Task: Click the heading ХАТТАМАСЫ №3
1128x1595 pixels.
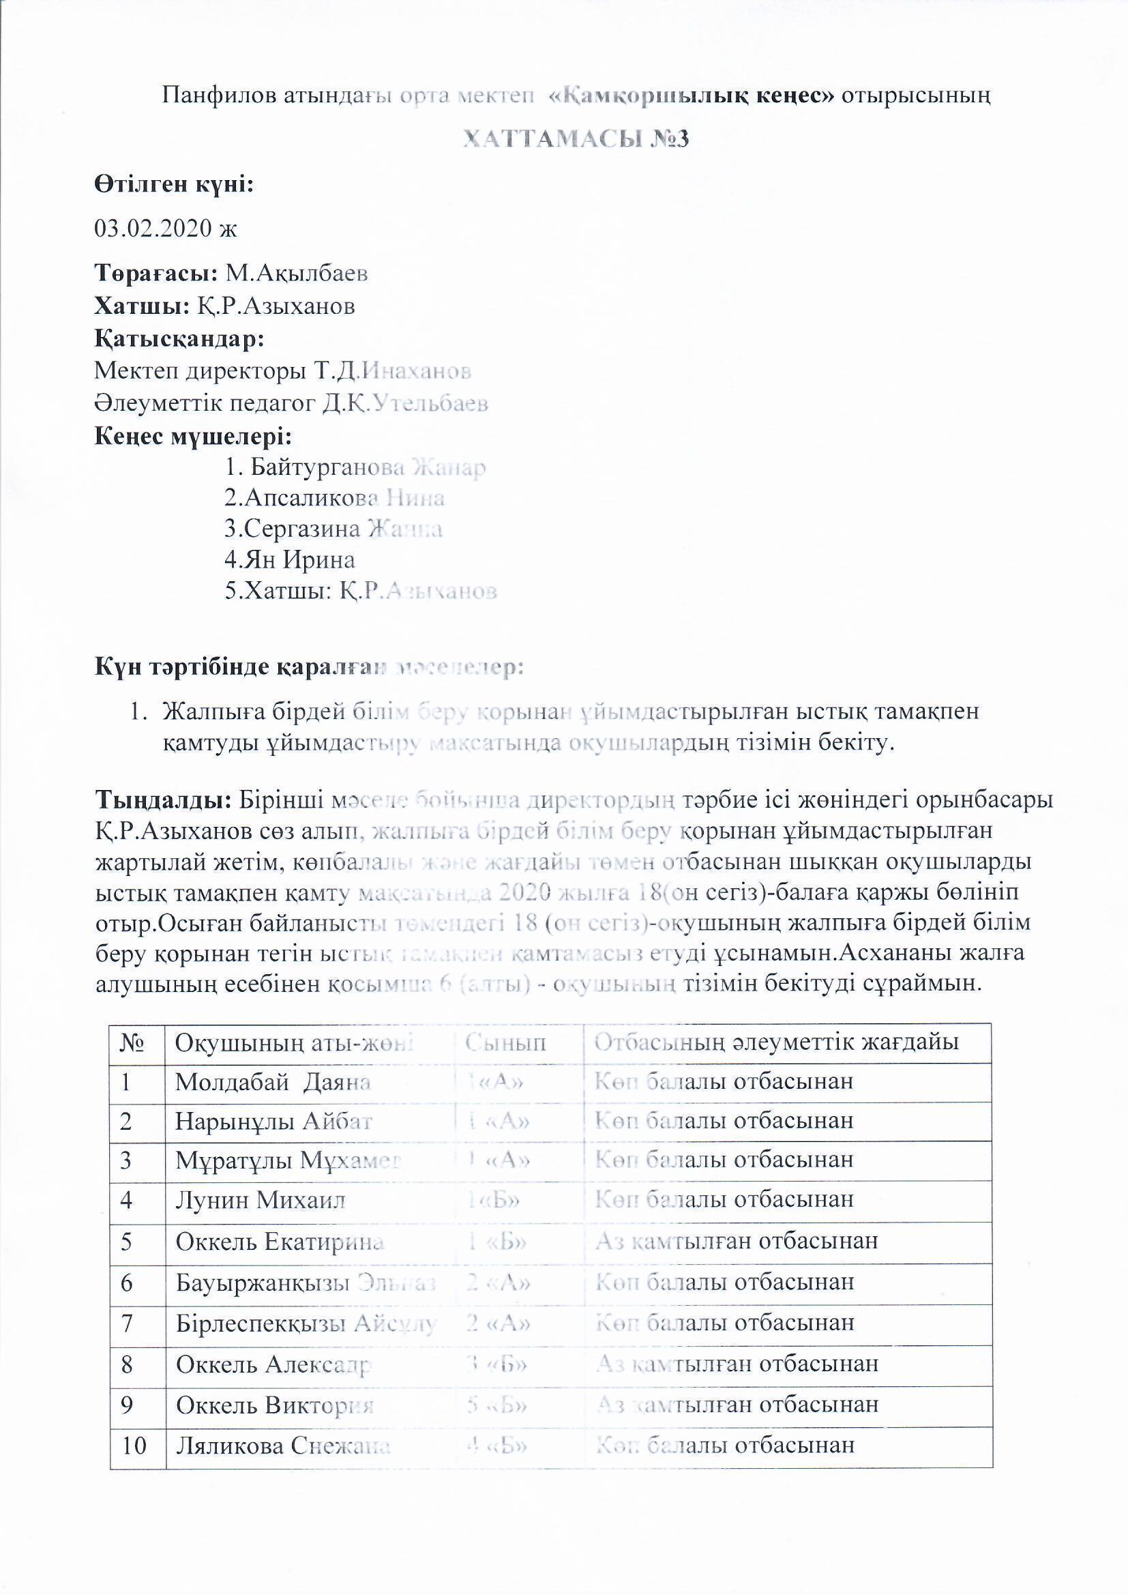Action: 576,140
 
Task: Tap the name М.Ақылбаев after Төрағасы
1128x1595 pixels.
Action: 297,274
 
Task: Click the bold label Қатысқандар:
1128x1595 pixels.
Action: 179,339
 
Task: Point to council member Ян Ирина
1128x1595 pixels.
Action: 290,559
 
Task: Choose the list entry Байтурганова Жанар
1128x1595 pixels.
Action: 355,467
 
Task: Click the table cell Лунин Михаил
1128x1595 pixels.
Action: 260,1200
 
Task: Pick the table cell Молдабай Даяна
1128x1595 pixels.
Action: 272,1081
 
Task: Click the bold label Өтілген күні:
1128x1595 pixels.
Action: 174,185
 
